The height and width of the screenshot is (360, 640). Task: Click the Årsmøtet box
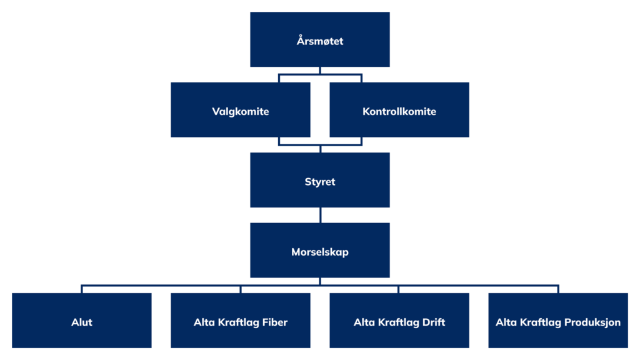[319, 39]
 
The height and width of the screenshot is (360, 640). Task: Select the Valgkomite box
[241, 110]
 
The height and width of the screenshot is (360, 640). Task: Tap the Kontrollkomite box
[399, 110]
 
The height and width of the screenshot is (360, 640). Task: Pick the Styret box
[319, 180]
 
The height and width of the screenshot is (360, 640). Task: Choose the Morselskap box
[319, 250]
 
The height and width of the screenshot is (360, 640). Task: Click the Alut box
[82, 321]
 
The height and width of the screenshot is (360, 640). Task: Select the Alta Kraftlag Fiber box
[241, 321]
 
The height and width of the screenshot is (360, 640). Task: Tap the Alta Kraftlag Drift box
[399, 321]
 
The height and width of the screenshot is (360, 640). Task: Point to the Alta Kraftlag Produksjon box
[558, 321]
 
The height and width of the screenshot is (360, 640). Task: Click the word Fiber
[275, 322]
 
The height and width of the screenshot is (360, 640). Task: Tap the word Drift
[434, 322]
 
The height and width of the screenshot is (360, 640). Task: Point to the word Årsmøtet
[319, 41]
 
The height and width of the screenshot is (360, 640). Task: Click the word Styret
[319, 182]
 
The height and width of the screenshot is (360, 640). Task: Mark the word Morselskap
[319, 252]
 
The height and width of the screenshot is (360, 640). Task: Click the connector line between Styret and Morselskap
[321, 215]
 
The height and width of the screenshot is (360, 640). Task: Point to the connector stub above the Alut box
[82, 289]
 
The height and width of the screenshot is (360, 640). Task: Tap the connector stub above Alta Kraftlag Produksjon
[558, 289]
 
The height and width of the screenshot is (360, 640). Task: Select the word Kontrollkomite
[399, 111]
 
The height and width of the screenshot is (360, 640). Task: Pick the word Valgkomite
[241, 112]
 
